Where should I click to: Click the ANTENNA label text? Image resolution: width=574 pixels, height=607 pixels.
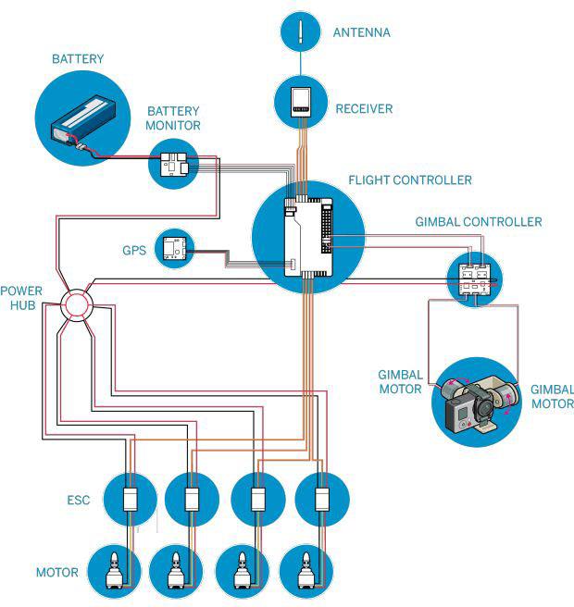361,33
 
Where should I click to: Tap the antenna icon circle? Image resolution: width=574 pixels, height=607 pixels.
301,30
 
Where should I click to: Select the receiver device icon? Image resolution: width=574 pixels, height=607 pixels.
301,100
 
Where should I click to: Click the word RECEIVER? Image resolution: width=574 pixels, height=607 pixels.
364,109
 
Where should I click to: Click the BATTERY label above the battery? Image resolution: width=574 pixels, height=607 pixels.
78,59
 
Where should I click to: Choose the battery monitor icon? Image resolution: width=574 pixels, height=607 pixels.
173,165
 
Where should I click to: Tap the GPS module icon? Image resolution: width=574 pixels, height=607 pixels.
174,249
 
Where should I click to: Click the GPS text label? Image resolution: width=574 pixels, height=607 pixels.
135,251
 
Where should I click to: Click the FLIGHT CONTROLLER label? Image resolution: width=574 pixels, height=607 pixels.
410,180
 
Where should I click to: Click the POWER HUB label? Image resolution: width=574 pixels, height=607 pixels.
20,297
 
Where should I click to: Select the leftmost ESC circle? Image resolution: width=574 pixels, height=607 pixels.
130,500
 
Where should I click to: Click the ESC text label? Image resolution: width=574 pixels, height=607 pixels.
79,501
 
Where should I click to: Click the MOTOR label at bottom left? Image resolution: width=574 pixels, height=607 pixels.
57,572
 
